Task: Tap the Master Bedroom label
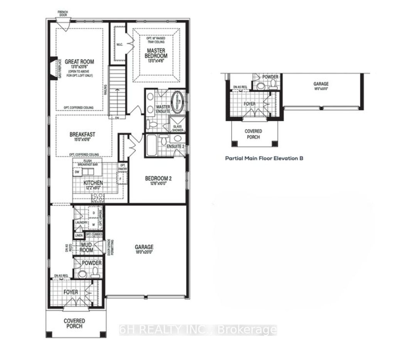[156, 54]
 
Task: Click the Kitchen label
[93, 183]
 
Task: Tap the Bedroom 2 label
[158, 178]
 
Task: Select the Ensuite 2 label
[175, 146]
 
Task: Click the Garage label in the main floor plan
[144, 247]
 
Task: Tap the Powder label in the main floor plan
[91, 263]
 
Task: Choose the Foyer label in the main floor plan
[71, 292]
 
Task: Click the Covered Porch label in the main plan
[74, 323]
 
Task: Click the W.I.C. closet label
[120, 45]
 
